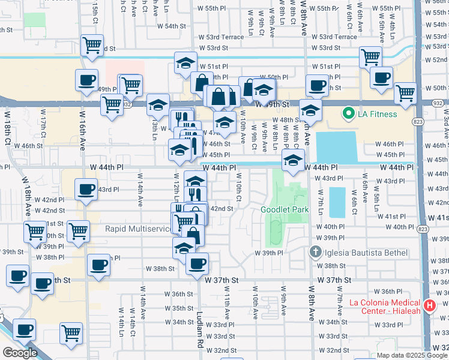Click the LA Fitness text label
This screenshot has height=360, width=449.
pyautogui.click(x=378, y=114)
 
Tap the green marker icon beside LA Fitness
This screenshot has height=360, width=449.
pyautogui.click(x=347, y=113)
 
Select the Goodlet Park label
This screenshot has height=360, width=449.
pyautogui.click(x=284, y=210)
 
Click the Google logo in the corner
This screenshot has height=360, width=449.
pyautogui.click(x=19, y=353)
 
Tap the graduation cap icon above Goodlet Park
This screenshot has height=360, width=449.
pyautogui.click(x=294, y=161)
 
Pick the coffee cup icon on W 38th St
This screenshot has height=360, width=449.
pyautogui.click(x=196, y=263)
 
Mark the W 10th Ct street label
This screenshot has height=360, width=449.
pyautogui.click(x=238, y=187)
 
